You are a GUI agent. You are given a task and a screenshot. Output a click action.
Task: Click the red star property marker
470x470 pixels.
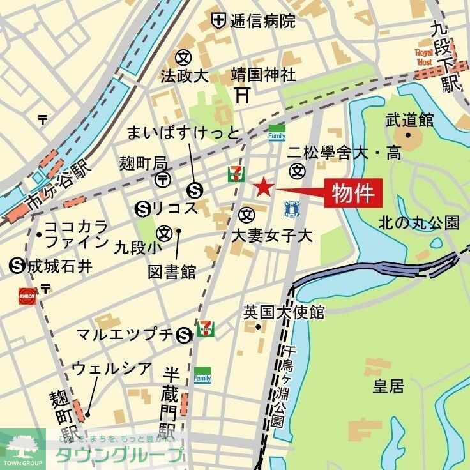(x=263, y=188)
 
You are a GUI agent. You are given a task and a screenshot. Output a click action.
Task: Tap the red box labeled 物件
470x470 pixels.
(x=353, y=192)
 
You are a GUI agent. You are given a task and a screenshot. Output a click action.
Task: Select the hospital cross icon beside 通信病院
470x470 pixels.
(x=219, y=20)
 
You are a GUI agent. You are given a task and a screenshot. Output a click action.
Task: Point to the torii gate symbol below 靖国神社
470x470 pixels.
(x=242, y=95)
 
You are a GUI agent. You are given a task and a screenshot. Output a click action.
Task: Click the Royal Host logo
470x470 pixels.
(x=424, y=57)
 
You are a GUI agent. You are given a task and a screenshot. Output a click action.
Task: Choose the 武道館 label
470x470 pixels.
(x=409, y=119)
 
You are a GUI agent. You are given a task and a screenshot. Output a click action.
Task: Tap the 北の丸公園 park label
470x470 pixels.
(x=418, y=223)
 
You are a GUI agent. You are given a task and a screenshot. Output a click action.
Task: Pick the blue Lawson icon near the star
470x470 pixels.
(x=292, y=206)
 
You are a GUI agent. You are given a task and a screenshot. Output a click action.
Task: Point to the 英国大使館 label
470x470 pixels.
(x=284, y=312)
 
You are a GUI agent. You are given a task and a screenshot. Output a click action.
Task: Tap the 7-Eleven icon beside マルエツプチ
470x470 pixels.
(x=206, y=328)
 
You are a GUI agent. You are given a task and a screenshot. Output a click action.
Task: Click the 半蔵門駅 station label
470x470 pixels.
(x=169, y=401)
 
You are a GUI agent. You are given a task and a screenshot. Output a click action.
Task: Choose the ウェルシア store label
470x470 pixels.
(x=112, y=368)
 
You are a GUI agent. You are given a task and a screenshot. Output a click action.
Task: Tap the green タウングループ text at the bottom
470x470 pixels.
(x=119, y=455)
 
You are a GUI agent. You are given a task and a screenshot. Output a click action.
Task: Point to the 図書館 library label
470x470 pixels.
(x=172, y=271)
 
